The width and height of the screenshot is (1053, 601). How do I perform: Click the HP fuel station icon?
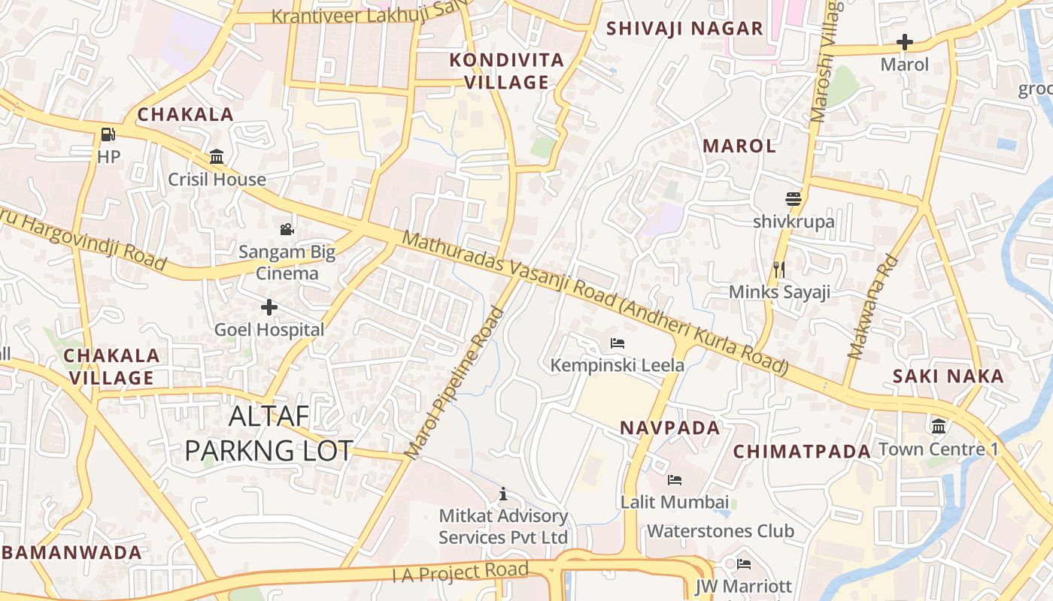pyautogui.click(x=108, y=134)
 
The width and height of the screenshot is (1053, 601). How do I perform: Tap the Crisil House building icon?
pyautogui.click(x=217, y=156)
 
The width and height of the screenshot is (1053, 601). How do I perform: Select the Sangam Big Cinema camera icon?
pyautogui.click(x=287, y=229)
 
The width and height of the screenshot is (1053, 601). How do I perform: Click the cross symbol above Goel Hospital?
pyautogui.click(x=269, y=307)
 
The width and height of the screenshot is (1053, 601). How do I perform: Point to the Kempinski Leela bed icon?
pyautogui.click(x=618, y=343)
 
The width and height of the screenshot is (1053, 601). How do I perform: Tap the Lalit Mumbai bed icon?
pyautogui.click(x=675, y=479)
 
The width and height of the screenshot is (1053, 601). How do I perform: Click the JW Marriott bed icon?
pyautogui.click(x=744, y=563)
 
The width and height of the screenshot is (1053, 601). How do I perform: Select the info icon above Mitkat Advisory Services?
pyautogui.click(x=503, y=494)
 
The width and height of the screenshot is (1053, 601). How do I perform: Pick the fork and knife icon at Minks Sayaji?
pyautogui.click(x=779, y=269)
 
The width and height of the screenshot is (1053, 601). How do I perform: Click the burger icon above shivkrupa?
pyautogui.click(x=793, y=199)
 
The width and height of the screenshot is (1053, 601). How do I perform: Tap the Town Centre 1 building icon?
pyautogui.click(x=939, y=427)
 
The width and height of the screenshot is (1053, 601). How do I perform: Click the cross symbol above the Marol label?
pyautogui.click(x=905, y=42)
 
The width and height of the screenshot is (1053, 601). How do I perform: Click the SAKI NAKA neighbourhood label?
pyautogui.click(x=948, y=376)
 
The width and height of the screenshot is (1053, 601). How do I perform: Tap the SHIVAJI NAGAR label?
pyautogui.click(x=684, y=29)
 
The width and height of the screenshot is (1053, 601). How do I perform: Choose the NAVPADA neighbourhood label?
pyautogui.click(x=669, y=427)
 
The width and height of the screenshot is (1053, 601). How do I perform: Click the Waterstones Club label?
pyautogui.click(x=720, y=531)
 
